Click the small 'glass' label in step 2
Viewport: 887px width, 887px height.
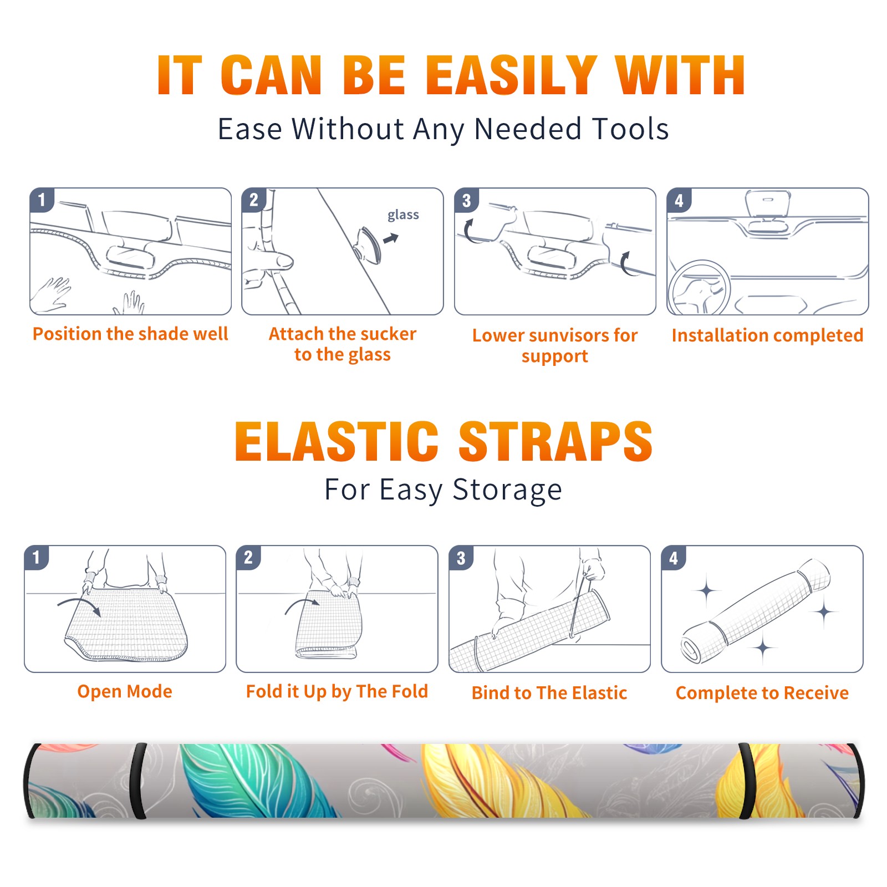click(x=403, y=215)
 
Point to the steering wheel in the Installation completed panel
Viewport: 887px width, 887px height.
click(x=699, y=288)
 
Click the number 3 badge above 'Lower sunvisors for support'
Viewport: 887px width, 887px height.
click(x=466, y=200)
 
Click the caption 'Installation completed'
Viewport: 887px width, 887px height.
click(x=767, y=335)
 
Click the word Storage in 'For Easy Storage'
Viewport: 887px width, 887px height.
click(x=507, y=490)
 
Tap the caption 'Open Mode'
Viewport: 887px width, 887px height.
click(x=125, y=691)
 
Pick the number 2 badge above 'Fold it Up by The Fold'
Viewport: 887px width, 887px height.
click(x=248, y=557)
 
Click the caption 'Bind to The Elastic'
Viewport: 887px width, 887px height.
click(x=549, y=693)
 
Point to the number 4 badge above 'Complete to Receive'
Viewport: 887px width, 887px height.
click(x=673, y=558)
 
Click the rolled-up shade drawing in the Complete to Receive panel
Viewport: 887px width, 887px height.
click(x=756, y=610)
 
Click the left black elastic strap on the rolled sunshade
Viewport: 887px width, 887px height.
click(x=138, y=781)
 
